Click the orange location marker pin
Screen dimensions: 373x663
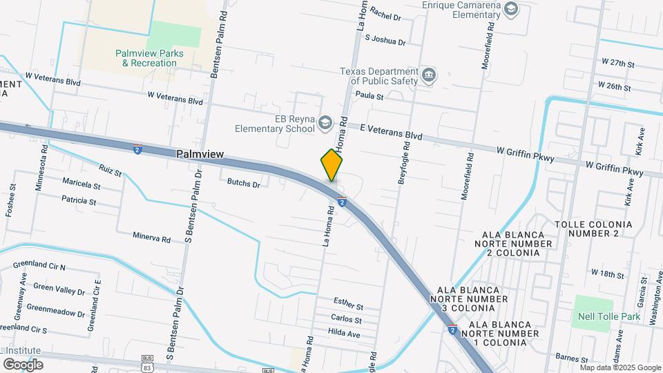332,165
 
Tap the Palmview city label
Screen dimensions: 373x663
200,154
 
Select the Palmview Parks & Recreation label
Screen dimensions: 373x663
146,58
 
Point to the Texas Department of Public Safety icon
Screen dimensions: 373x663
429,75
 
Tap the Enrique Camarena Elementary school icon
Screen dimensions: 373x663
510,9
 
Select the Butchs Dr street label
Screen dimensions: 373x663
244,184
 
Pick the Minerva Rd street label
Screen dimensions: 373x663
152,238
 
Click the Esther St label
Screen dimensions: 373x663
348,305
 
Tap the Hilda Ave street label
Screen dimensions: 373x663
345,334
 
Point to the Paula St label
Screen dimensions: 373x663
369,96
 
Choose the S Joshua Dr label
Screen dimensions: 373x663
385,40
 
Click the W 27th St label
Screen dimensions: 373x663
617,63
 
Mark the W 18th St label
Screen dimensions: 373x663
607,274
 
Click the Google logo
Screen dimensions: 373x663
23,364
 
